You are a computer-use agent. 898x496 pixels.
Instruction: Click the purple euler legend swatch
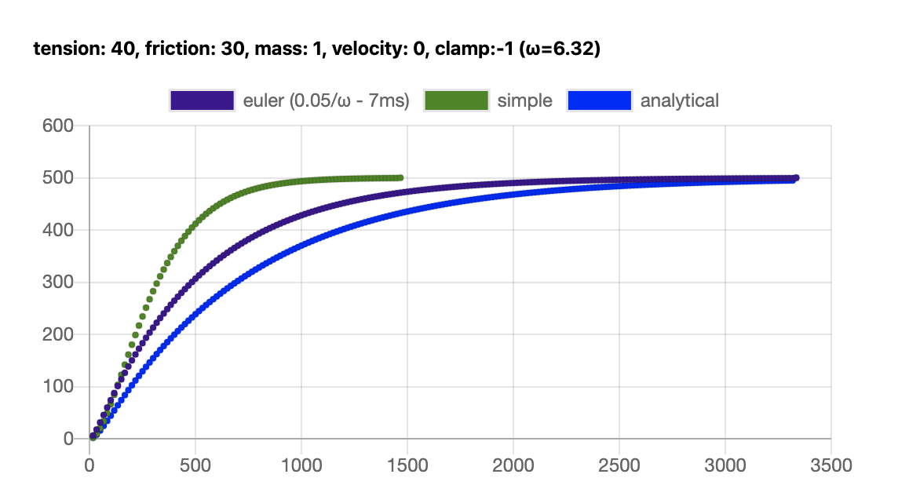pyautogui.click(x=202, y=100)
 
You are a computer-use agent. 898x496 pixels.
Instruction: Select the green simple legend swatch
pyautogui.click(x=456, y=100)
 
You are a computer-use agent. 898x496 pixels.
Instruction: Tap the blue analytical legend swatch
pyautogui.click(x=599, y=100)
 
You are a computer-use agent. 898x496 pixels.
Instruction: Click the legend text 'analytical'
pyautogui.click(x=680, y=100)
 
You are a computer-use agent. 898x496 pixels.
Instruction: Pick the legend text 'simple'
pyautogui.click(x=525, y=100)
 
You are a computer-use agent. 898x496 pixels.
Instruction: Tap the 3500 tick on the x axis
pyautogui.click(x=830, y=465)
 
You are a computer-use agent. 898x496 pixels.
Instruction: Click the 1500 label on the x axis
pyautogui.click(x=407, y=465)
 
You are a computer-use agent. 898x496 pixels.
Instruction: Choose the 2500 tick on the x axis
pyautogui.click(x=619, y=465)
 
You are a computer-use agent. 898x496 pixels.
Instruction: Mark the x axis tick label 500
pyautogui.click(x=195, y=465)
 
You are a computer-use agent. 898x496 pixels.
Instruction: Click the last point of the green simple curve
pyautogui.click(x=400, y=178)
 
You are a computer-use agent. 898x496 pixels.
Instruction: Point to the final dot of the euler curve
pyautogui.click(x=796, y=178)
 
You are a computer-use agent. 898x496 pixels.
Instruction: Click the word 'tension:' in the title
pyautogui.click(x=62, y=49)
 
